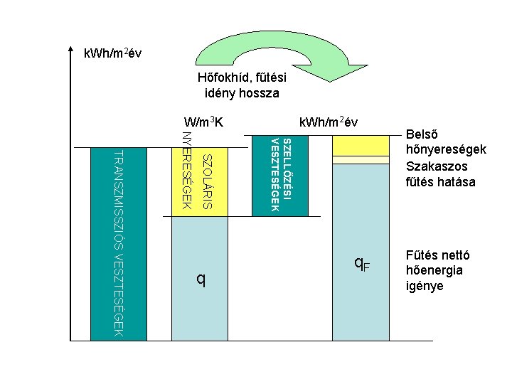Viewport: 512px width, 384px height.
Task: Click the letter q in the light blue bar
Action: [x=201, y=280]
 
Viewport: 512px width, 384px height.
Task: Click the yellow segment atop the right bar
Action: [x=361, y=145]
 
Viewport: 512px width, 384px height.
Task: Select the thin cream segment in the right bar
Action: [x=361, y=160]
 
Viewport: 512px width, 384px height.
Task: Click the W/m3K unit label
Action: [x=203, y=122]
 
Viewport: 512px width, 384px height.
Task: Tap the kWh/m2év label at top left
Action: [x=117, y=53]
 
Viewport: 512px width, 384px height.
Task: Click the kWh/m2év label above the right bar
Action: [x=329, y=122]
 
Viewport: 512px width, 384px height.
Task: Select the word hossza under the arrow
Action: [x=260, y=93]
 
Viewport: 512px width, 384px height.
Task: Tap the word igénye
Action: [x=425, y=286]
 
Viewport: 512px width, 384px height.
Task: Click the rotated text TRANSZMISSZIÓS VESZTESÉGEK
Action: [x=119, y=242]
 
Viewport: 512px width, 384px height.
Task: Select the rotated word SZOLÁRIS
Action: [x=206, y=181]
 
